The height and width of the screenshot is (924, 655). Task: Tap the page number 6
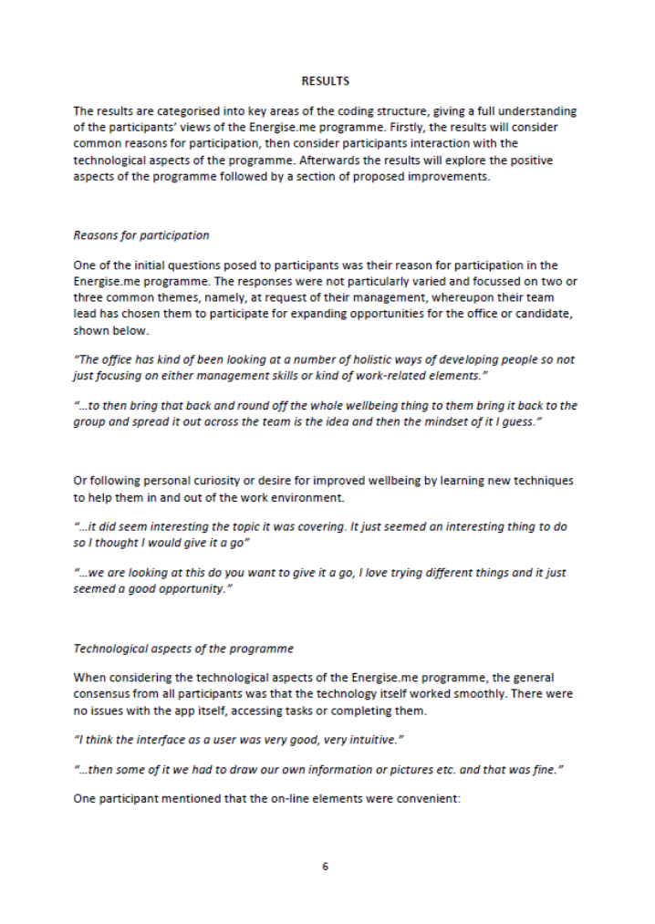[x=325, y=866]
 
